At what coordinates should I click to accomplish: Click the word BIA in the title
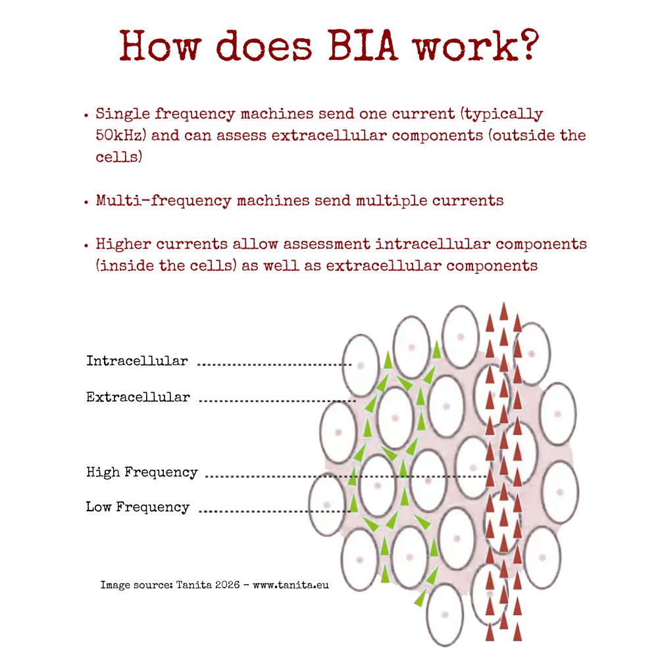pyautogui.click(x=363, y=45)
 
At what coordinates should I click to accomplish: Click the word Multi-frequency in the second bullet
pyautogui.click(x=164, y=201)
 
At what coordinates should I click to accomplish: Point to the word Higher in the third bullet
pyautogui.click(x=124, y=244)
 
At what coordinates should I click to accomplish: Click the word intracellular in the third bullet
pyautogui.click(x=433, y=244)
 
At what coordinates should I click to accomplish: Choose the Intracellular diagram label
pyautogui.click(x=138, y=361)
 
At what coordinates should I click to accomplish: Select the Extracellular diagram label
pyautogui.click(x=138, y=397)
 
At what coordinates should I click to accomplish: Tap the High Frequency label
pyautogui.click(x=142, y=472)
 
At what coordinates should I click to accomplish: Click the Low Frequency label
pyautogui.click(x=138, y=507)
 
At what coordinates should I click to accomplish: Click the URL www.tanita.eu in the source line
pyautogui.click(x=290, y=585)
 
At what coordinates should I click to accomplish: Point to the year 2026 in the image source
pyautogui.click(x=227, y=585)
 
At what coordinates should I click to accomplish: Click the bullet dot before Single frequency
pyautogui.click(x=86, y=114)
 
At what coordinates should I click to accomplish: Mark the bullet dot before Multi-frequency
pyautogui.click(x=86, y=202)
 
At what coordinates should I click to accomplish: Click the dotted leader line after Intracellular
pyautogui.click(x=274, y=365)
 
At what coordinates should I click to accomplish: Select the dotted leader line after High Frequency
pyautogui.click(x=346, y=476)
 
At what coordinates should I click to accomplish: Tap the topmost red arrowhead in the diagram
pyautogui.click(x=504, y=311)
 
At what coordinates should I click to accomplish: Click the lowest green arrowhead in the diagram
pyautogui.click(x=420, y=597)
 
